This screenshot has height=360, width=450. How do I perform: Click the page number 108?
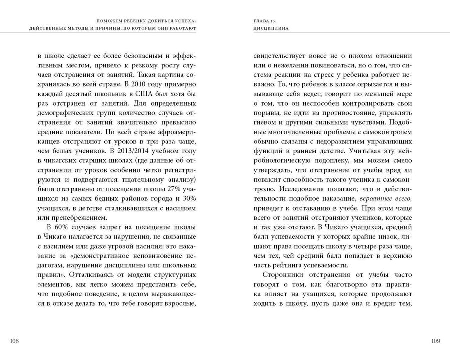(14, 341)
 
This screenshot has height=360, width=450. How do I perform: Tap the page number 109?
(435, 341)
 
